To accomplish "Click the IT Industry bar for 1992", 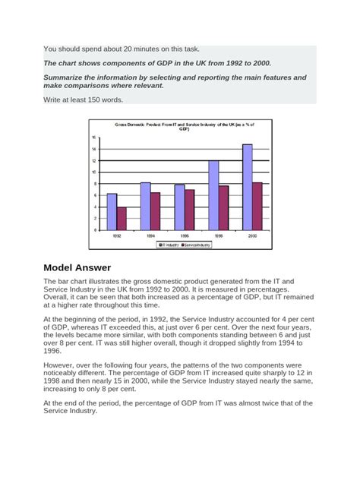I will click(112, 211).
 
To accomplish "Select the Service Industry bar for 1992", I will click(122, 218).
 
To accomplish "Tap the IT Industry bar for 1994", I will click(145, 206).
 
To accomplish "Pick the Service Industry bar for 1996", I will click(189, 210).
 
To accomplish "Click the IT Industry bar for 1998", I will click(213, 195).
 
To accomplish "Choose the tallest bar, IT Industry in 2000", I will click(248, 187).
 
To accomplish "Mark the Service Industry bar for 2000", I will click(257, 206).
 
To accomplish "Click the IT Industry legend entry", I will click(167, 245).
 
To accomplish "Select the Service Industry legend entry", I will click(196, 245).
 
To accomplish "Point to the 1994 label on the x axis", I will click(150, 236).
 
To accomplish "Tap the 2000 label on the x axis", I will click(252, 236).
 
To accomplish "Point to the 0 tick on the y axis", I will click(95, 229).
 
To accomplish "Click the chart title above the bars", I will click(184, 125).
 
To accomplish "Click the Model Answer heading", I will click(77, 267).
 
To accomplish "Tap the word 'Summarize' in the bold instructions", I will click(64, 77).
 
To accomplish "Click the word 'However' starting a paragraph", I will click(60, 365).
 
